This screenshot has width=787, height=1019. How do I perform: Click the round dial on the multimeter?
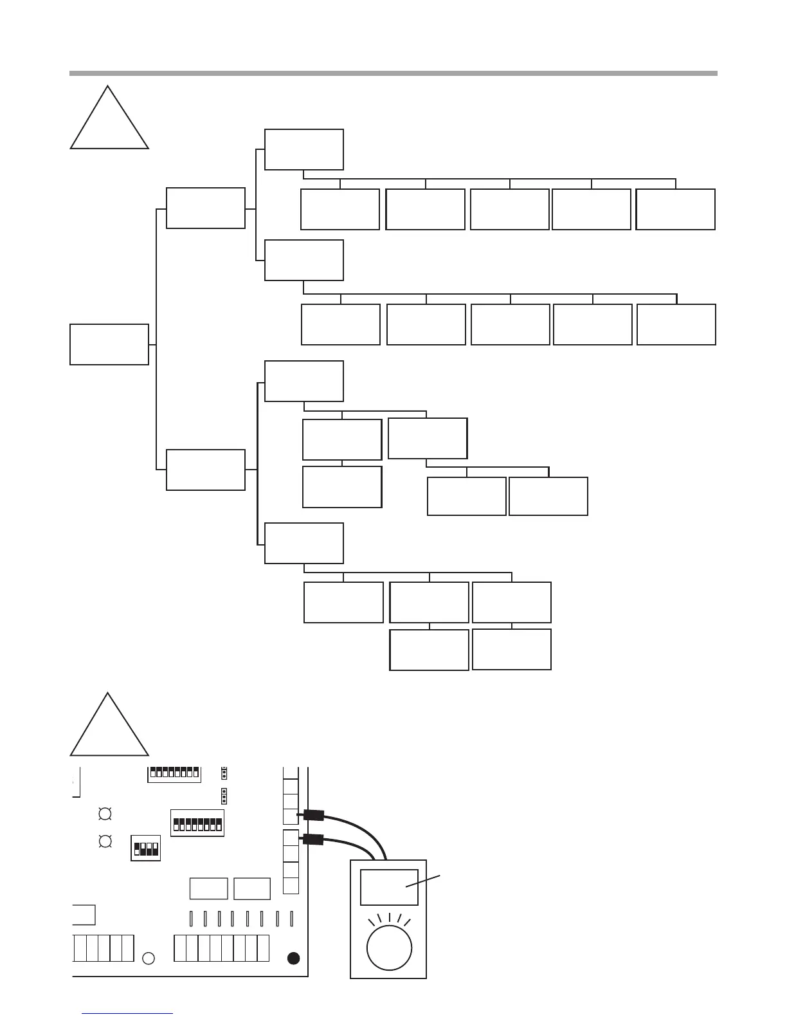coord(388,947)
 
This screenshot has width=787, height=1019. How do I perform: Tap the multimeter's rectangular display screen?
coord(388,887)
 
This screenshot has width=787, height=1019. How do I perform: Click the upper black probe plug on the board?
coord(314,815)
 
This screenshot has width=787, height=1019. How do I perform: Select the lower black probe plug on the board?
coord(313,839)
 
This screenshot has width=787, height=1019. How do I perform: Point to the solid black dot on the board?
coord(293,958)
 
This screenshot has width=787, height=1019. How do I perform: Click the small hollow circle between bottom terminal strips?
coord(148,958)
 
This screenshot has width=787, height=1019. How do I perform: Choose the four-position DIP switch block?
coord(145,849)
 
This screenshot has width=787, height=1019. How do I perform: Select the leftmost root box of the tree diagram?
coord(109,344)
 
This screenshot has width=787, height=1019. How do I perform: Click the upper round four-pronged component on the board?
coord(105,814)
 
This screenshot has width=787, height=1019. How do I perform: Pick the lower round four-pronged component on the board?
coord(105,841)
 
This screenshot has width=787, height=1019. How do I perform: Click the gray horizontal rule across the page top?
coord(393,73)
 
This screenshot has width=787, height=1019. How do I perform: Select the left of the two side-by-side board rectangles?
coord(209,888)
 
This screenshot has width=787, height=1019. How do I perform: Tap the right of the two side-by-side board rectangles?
coord(252,888)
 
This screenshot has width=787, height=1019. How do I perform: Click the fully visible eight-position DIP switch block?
coord(197,823)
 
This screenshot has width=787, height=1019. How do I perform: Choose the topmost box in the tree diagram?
coord(304,149)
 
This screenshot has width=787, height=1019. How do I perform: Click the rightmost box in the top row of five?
coord(675,209)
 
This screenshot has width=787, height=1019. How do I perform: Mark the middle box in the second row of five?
coord(511,324)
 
